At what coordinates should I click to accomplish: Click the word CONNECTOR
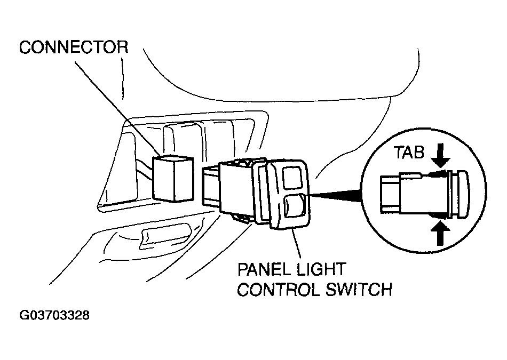click(74, 47)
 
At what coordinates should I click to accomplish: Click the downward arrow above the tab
click(440, 157)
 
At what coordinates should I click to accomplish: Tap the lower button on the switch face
click(294, 207)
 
